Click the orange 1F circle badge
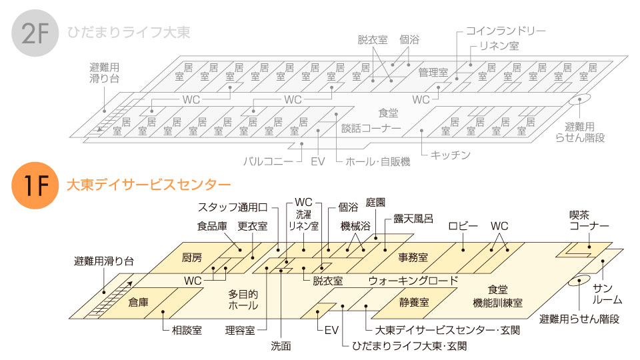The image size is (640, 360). coord(35,185)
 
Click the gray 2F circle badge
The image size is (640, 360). coord(35,33)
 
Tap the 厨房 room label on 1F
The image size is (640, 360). coord(192,257)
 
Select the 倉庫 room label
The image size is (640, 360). coord(139,303)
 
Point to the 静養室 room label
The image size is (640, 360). coord(414,303)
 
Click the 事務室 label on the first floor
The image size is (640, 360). coord(413,257)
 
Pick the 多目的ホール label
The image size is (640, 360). coord(243,299)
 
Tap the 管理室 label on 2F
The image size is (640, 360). coord(433,73)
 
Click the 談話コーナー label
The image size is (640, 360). coord(371,128)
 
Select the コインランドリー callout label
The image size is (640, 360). coord(506,31)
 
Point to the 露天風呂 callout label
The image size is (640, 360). coord(413,219)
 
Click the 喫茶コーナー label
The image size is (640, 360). coord(589,221)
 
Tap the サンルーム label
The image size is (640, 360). coord(607,294)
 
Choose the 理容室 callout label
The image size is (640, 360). coord(240,330)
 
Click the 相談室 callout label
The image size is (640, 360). coord(187,330)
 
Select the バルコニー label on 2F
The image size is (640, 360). coord(268,161)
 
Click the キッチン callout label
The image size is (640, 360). coord(451,155)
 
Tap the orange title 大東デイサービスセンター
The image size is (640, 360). coord(149,185)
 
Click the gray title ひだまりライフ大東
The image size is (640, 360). coord(129,33)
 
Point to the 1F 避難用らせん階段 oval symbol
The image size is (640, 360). coord(579,280)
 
